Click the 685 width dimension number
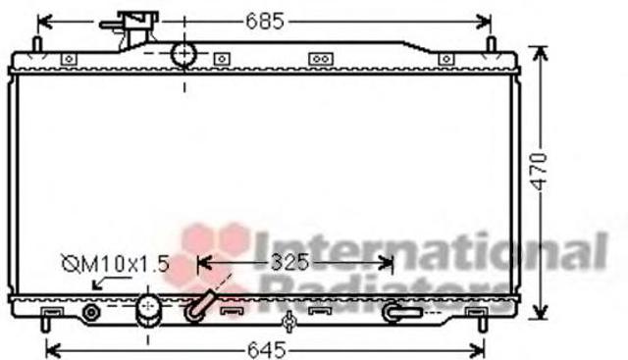point(265,21)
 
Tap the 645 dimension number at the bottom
point(267,350)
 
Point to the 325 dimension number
point(290,262)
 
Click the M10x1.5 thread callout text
point(116,264)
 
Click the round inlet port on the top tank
point(183,54)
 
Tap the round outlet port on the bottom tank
point(148,310)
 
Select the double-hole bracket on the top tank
point(321,59)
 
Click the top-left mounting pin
point(37,44)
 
